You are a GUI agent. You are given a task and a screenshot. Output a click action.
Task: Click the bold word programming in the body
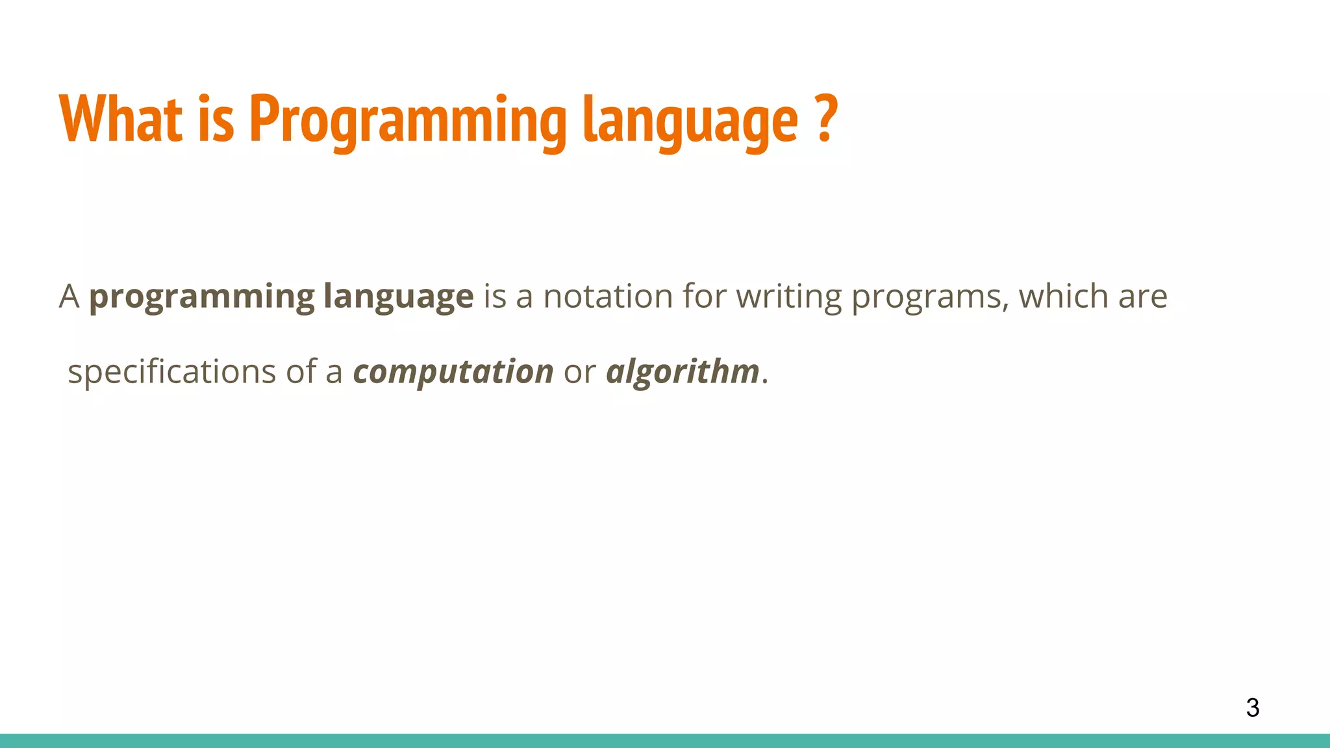[201, 297]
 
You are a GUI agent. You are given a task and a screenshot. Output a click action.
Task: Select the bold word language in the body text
[398, 297]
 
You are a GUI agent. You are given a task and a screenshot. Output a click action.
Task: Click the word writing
[788, 297]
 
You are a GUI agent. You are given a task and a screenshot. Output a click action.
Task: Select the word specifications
[172, 373]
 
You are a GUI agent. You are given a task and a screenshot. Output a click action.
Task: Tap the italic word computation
[453, 373]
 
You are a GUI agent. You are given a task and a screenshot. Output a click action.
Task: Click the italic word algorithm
[683, 373]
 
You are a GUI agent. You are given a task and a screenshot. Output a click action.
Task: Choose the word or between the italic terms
[579, 373]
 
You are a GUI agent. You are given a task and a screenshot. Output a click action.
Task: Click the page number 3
[1252, 708]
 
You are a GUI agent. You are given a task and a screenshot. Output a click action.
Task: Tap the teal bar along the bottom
[665, 740]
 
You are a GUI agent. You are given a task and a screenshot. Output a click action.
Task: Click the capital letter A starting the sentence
[69, 297]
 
